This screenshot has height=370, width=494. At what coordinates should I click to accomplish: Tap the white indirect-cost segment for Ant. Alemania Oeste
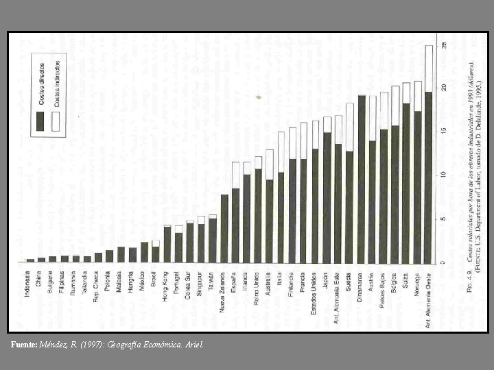[429, 69]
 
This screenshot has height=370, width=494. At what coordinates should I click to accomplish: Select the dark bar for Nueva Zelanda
[224, 228]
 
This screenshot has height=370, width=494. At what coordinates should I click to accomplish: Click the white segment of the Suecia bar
[349, 127]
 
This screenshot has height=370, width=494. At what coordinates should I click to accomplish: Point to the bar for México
[144, 252]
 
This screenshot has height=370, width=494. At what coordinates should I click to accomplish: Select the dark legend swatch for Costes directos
[41, 121]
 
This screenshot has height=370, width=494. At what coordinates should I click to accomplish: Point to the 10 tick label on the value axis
[444, 175]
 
